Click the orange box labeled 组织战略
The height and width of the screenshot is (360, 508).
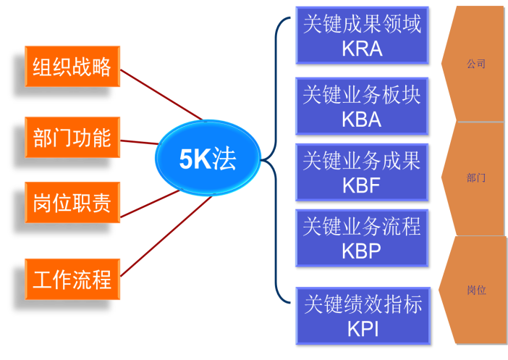72,67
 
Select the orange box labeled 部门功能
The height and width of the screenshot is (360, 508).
72,137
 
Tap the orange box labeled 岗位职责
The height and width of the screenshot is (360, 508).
72,203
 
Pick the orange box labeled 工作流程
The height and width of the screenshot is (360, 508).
72,279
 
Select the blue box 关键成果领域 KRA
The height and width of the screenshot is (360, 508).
362,35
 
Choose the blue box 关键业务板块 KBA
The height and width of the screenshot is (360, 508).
362,106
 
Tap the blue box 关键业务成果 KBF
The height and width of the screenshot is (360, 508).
362,172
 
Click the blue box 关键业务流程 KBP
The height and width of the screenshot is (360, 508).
362,238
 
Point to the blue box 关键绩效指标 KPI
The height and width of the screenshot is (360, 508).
362,315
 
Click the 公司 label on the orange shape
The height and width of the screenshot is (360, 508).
476,64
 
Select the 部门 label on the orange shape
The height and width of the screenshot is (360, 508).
476,177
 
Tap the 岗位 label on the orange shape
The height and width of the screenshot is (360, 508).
476,290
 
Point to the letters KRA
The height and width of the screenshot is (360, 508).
362,49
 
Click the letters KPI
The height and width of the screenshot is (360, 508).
363,329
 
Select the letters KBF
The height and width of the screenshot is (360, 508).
362,185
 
